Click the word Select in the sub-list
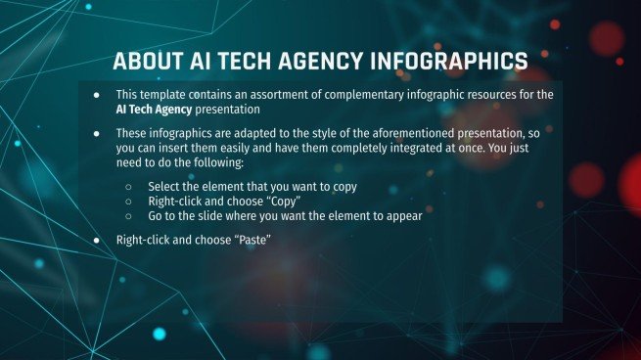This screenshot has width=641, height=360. [x=164, y=186]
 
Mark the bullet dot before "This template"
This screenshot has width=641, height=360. [x=97, y=94]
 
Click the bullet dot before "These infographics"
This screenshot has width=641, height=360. [x=97, y=132]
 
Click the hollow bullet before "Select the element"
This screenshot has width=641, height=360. [x=129, y=186]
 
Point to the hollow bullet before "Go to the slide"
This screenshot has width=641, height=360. [x=129, y=216]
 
